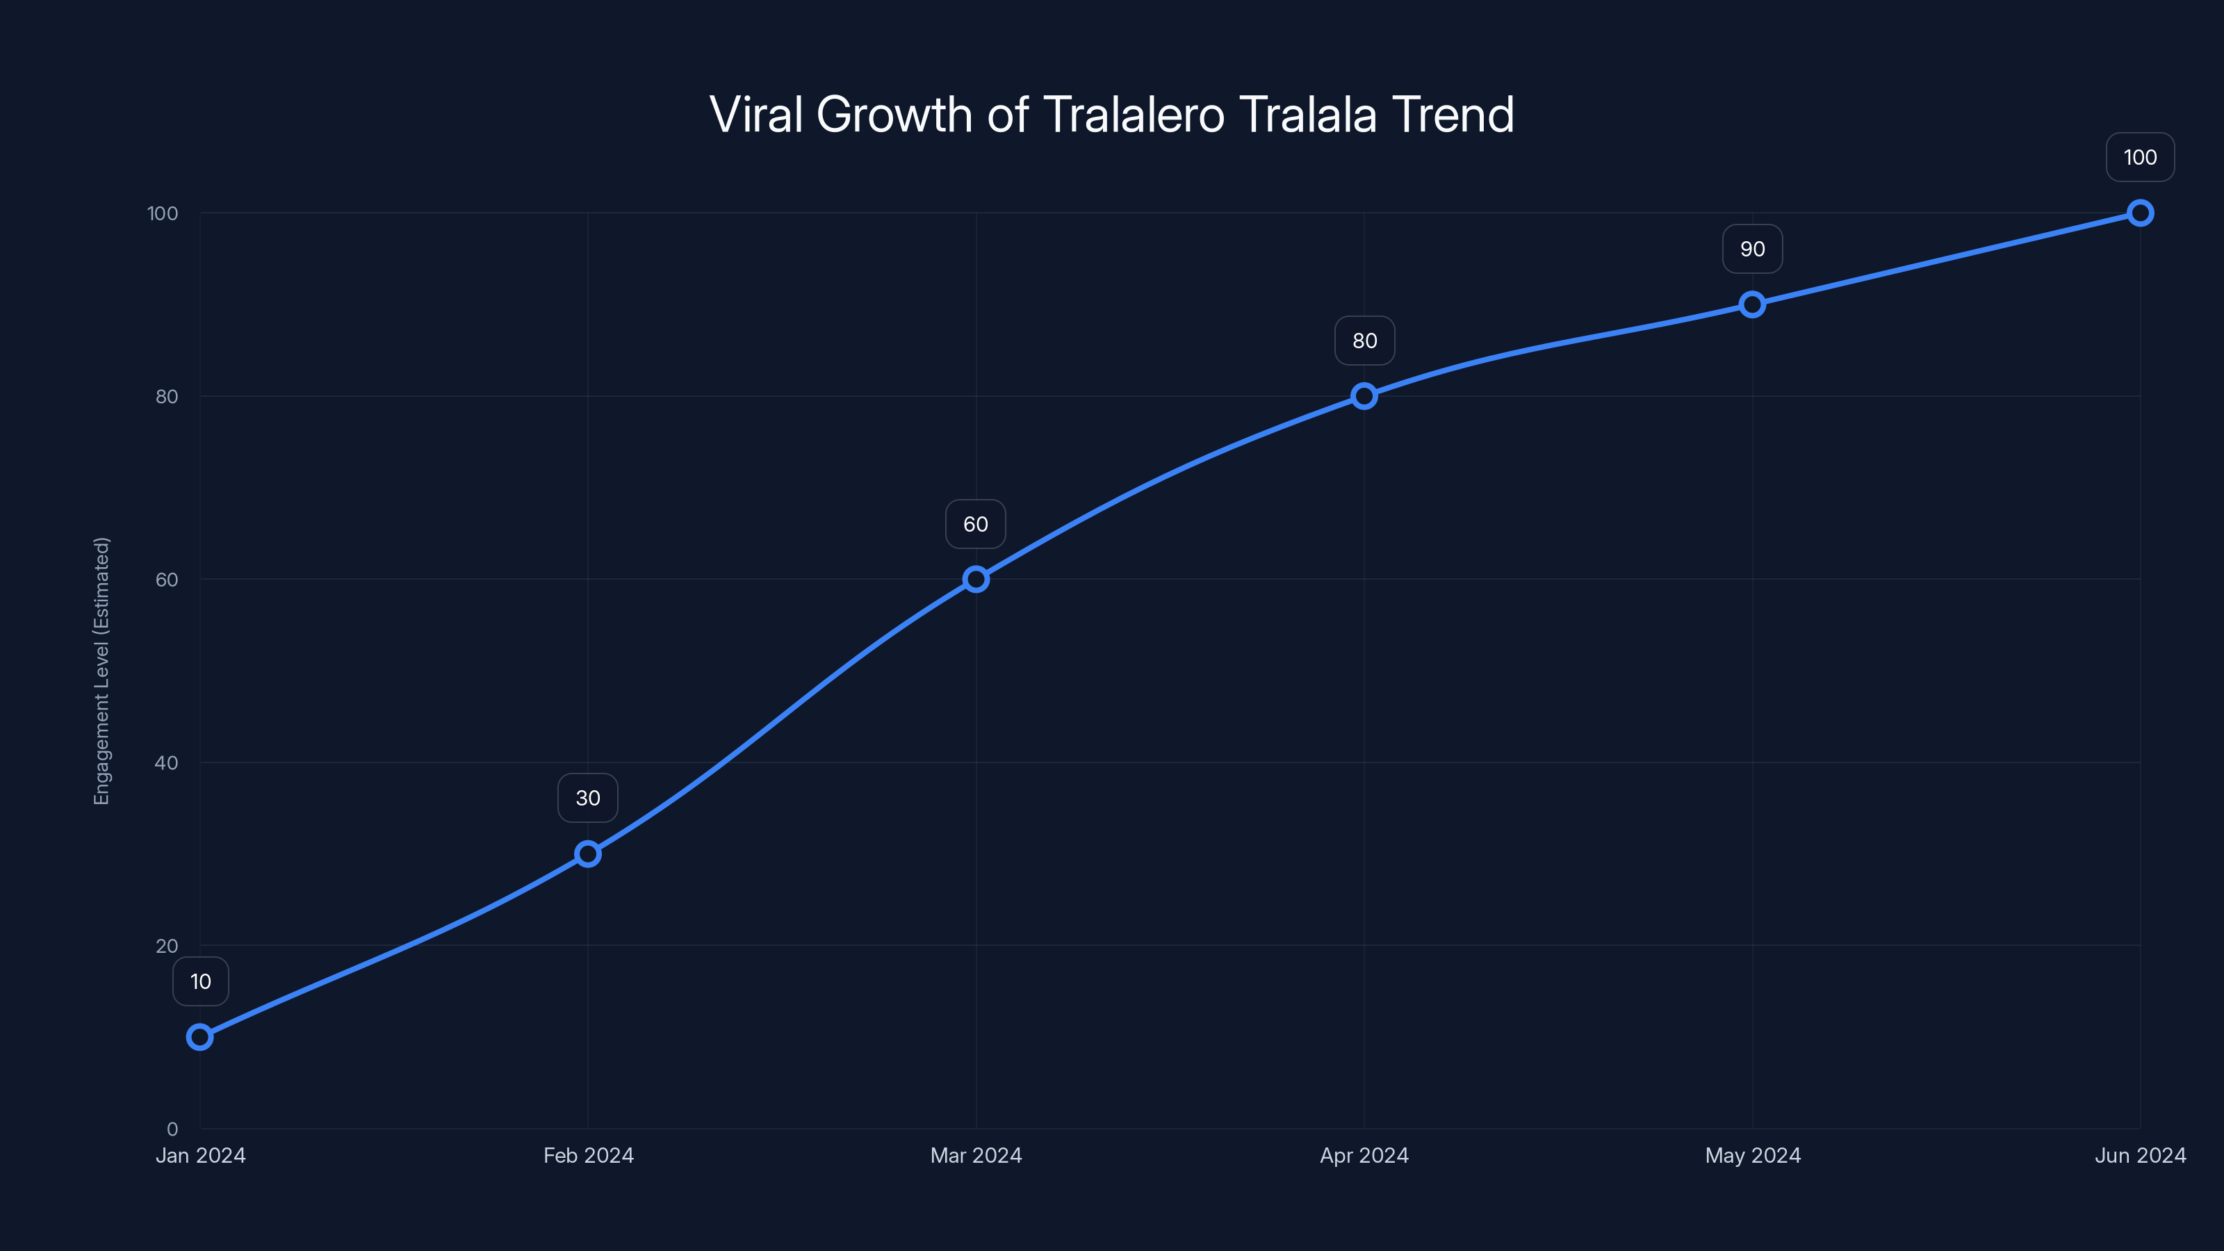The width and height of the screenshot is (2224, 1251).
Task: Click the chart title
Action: click(x=1111, y=115)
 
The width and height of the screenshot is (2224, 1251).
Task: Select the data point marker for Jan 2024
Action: click(x=200, y=1037)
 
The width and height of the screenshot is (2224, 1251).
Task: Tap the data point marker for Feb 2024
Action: click(x=588, y=854)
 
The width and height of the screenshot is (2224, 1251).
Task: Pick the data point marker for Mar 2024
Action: click(x=976, y=580)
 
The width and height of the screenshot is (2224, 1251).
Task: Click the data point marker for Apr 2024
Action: click(x=1364, y=396)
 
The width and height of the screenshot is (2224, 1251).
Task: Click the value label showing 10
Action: click(x=200, y=981)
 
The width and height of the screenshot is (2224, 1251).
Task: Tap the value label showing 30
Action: click(x=588, y=799)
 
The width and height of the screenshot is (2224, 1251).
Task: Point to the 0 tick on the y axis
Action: click(x=172, y=1129)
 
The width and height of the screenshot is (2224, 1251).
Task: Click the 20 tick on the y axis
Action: click(x=167, y=946)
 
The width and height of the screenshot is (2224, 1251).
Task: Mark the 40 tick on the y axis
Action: click(x=167, y=763)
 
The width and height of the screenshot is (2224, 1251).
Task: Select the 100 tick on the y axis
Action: click(x=163, y=214)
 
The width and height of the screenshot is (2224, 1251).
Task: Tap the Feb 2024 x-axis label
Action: click(x=588, y=1156)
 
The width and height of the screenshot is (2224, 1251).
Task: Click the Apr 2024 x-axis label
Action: click(x=1364, y=1156)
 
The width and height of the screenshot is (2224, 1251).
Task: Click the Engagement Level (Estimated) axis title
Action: click(x=102, y=671)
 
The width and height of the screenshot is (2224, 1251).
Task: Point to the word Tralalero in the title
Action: click(x=1134, y=115)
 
